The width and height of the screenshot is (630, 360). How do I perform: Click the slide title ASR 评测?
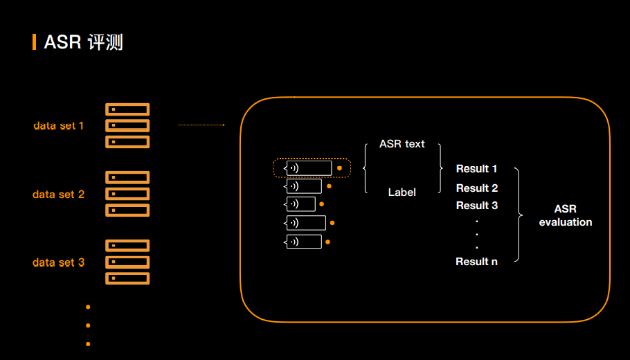[x=83, y=42]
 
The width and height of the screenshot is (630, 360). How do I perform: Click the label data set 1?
[x=59, y=126]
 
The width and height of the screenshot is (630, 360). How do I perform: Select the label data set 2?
[x=58, y=195]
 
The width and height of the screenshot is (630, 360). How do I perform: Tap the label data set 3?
[x=58, y=262]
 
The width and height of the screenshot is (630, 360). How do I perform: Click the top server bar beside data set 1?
[x=127, y=109]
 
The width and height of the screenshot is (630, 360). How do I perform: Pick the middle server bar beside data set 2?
[x=127, y=194]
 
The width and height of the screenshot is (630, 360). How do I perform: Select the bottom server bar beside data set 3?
[x=127, y=278]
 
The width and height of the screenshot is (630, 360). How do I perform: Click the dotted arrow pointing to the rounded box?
[x=201, y=125]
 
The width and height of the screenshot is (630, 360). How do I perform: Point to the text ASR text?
[x=402, y=144]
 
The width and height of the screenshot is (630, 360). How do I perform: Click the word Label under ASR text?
[x=402, y=192]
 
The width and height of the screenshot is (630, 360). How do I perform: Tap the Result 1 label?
[x=477, y=169]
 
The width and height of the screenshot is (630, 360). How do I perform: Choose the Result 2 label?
[x=477, y=188]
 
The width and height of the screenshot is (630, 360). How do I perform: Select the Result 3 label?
[x=477, y=206]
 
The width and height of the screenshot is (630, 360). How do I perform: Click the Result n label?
[x=477, y=262]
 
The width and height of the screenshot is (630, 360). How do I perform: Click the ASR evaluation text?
[x=566, y=215]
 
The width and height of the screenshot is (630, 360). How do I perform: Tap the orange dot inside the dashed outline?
[x=339, y=168]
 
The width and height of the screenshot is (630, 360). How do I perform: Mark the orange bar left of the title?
[x=34, y=42]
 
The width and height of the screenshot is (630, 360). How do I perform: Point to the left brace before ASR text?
[x=365, y=168]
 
